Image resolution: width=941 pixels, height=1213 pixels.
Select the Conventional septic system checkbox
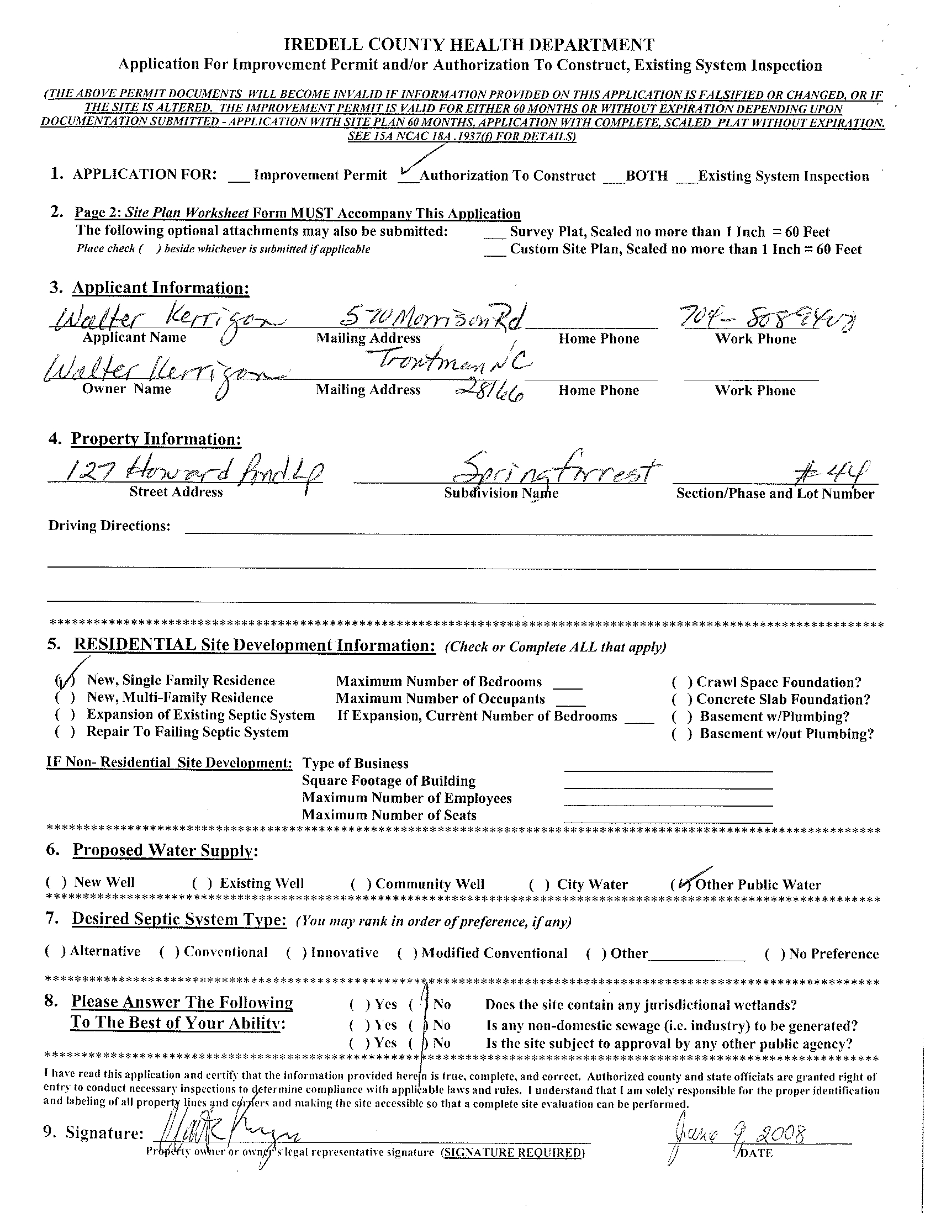(x=169, y=952)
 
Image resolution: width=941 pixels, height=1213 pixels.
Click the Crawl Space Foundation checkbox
(x=681, y=682)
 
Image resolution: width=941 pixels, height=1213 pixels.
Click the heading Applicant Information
(x=161, y=288)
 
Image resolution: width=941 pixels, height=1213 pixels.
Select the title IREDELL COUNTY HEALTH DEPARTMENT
(x=469, y=44)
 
